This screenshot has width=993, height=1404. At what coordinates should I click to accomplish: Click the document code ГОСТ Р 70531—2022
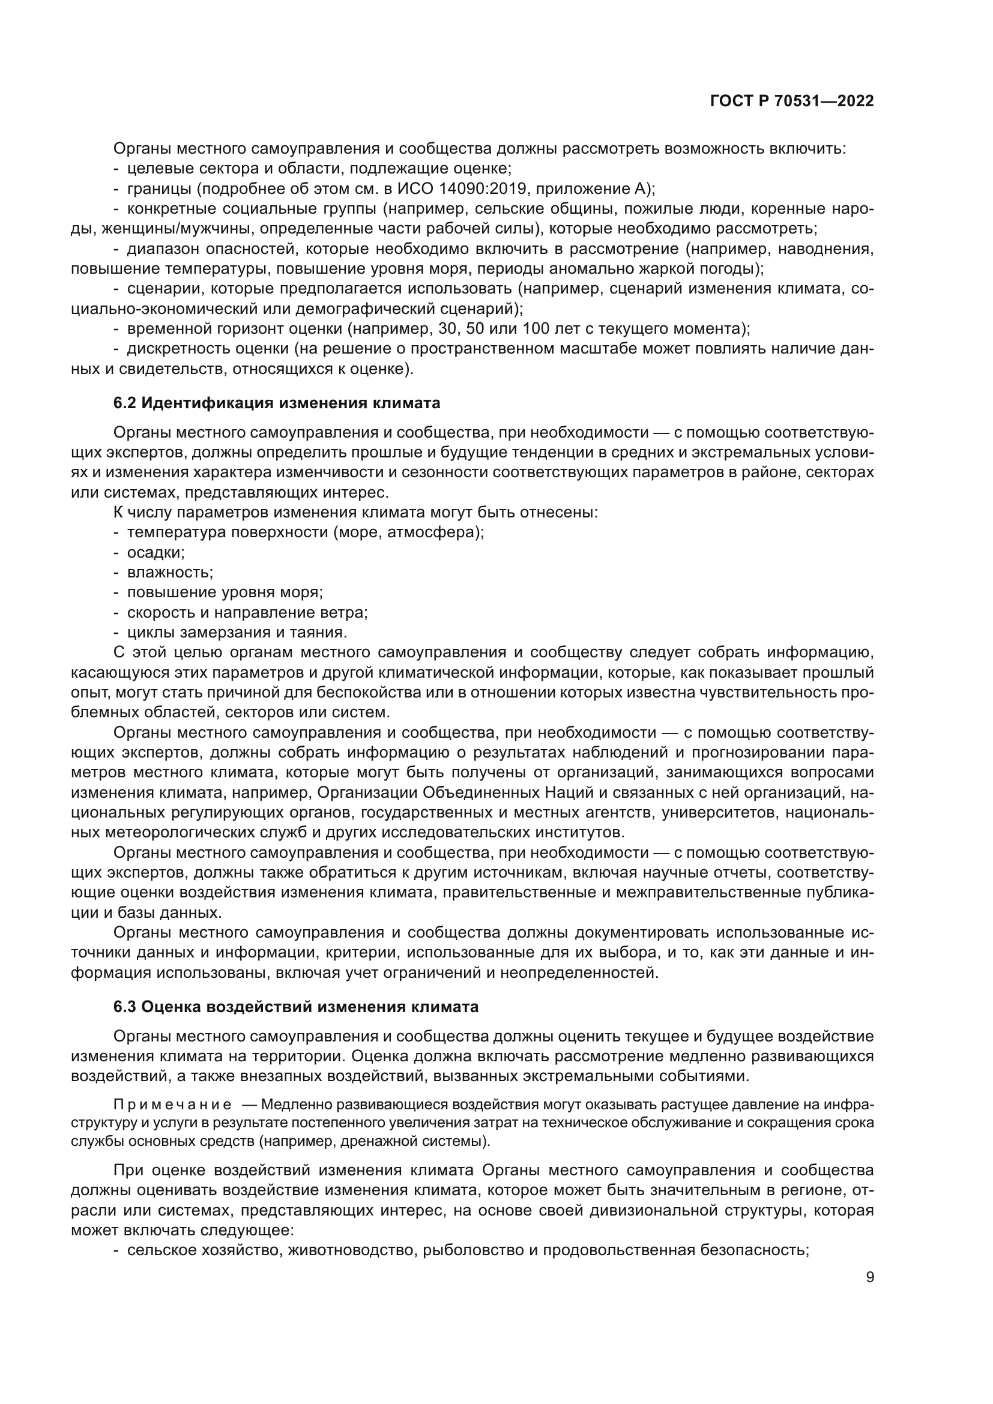[x=791, y=101]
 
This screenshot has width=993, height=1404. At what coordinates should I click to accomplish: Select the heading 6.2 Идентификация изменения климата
[x=276, y=403]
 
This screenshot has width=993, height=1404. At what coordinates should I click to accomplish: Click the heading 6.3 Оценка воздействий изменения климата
[x=295, y=1007]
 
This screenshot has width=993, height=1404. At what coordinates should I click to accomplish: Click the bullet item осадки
[x=155, y=552]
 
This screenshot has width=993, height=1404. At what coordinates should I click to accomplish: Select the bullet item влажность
[x=169, y=573]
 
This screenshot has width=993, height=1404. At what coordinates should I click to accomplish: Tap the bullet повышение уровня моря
[x=225, y=592]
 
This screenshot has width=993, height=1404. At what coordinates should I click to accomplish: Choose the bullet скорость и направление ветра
[x=247, y=612]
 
